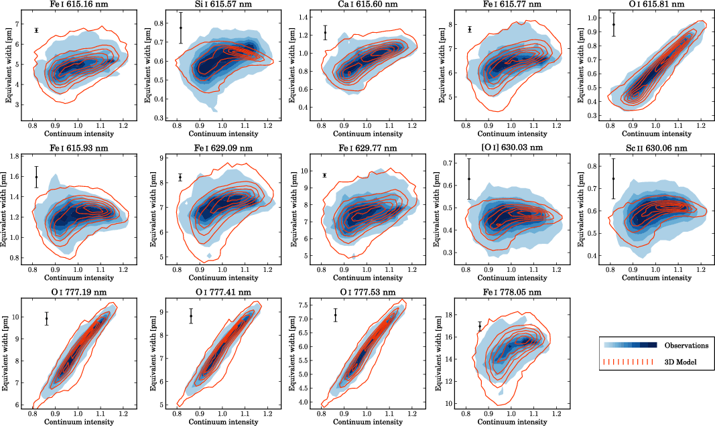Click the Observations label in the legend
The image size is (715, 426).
(x=686, y=346)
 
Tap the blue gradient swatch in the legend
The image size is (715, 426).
(x=630, y=346)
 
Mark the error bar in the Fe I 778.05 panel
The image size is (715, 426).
(x=480, y=326)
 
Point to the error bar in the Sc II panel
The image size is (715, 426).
(x=613, y=178)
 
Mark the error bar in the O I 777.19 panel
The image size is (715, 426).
(x=47, y=319)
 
